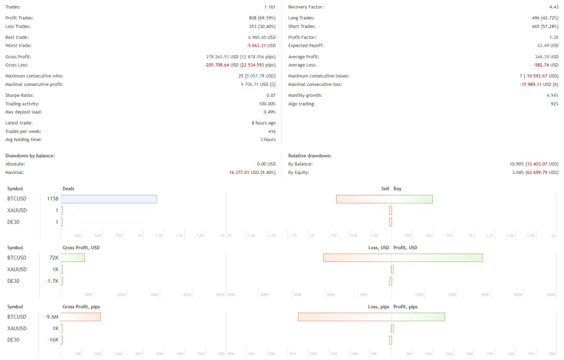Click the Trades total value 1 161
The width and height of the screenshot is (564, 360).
point(269,7)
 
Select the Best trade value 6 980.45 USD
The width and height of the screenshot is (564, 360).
point(258,37)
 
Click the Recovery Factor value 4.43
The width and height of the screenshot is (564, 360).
point(554,7)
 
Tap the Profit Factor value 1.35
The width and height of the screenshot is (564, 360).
point(554,37)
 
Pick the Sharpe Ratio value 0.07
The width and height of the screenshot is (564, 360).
point(270,96)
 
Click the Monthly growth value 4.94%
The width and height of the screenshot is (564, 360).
point(553,96)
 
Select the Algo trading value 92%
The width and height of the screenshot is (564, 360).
point(554,104)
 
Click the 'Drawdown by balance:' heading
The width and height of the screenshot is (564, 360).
point(30,156)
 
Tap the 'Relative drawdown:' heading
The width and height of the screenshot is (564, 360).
point(310,156)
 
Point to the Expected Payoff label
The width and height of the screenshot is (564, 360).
point(306,45)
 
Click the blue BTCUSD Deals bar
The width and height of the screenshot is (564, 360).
point(109,199)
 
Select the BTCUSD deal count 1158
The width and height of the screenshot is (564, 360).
point(52,199)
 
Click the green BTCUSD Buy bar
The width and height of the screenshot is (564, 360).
point(412,199)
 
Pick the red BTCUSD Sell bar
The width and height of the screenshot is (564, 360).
point(364,199)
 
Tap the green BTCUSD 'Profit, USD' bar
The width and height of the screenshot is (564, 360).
point(437,258)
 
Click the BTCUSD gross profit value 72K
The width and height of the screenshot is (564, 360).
point(54,258)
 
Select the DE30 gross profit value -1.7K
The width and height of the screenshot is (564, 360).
point(52,281)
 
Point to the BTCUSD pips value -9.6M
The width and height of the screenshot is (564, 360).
point(52,317)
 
